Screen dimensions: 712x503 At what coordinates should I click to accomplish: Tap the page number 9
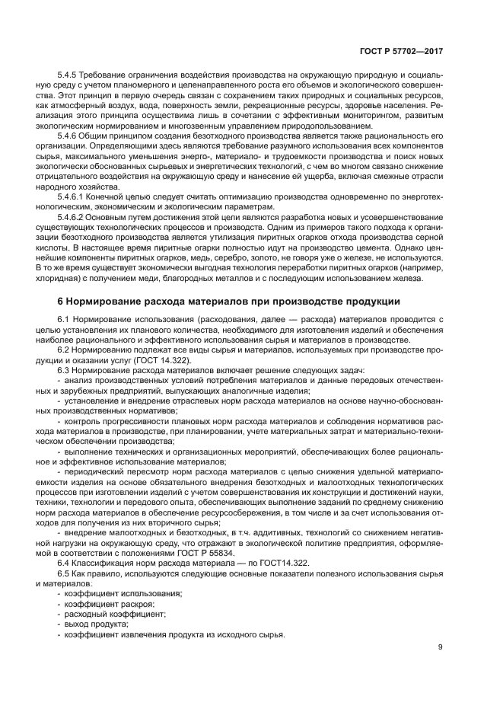click(441, 648)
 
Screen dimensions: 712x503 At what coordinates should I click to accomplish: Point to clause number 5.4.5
click(68, 76)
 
